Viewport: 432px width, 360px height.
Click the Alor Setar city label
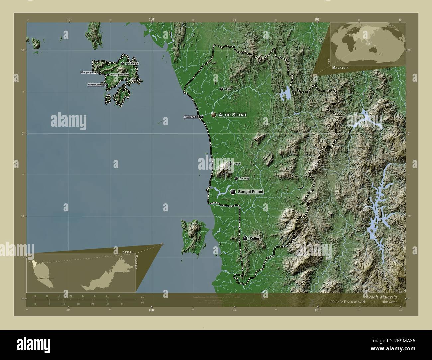click(233, 115)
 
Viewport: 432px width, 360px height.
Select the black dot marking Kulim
click(245, 238)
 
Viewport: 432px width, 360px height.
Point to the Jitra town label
click(228, 89)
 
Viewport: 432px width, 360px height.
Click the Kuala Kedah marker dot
click(201, 117)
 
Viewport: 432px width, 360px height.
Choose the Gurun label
click(237, 164)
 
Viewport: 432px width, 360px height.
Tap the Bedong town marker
click(236, 179)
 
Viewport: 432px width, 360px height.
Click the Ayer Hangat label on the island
click(132, 64)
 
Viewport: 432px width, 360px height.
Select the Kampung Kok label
click(89, 72)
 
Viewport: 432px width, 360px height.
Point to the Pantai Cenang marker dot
click(107, 85)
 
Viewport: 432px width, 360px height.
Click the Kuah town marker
click(126, 80)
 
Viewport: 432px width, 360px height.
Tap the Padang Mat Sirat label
click(119, 75)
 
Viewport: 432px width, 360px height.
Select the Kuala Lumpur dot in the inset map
click(40, 278)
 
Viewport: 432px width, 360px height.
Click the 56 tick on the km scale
click(119, 296)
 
